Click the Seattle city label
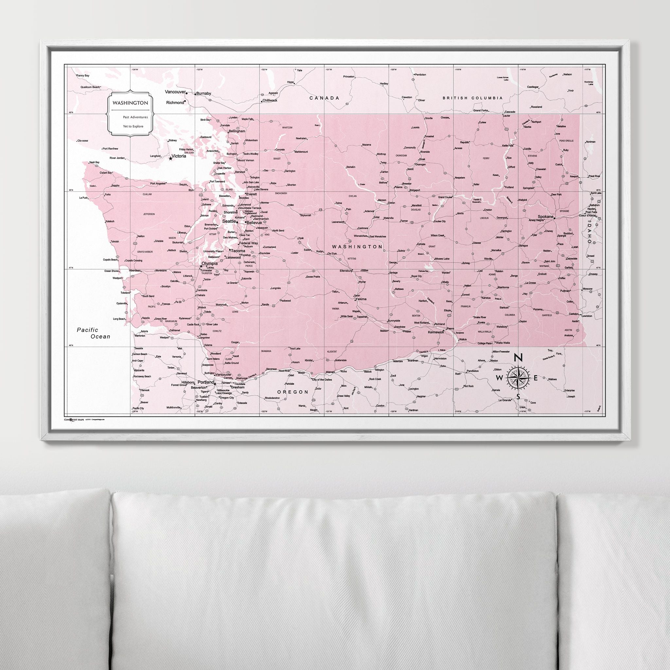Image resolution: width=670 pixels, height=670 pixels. click(x=229, y=221)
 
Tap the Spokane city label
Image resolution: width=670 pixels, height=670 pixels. click(x=545, y=216)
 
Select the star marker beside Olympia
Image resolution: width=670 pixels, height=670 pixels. click(x=201, y=266)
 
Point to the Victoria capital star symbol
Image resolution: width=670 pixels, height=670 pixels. click(x=170, y=158)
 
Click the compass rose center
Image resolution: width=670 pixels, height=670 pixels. click(x=518, y=378)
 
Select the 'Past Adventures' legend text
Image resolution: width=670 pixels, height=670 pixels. click(x=135, y=117)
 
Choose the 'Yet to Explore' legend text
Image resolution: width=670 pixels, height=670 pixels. click(x=133, y=126)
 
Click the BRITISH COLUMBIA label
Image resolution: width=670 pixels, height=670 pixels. click(x=472, y=98)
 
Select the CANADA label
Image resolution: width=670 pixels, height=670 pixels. click(x=324, y=98)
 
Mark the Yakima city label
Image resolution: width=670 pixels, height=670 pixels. click(x=361, y=299)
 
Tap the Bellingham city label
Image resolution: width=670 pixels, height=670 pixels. click(x=237, y=132)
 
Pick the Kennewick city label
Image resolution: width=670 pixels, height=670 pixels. click(x=436, y=332)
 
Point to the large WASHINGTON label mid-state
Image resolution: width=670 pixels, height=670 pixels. click(x=357, y=247)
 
